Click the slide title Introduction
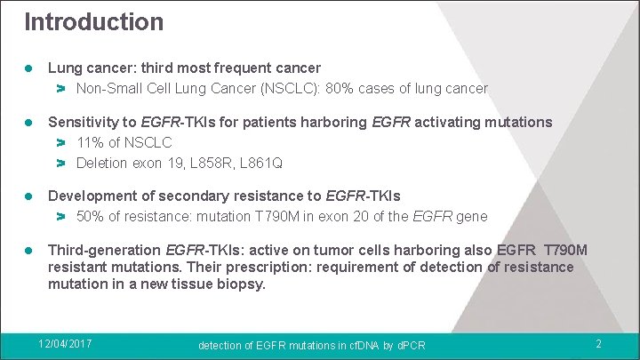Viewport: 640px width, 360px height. click(93, 21)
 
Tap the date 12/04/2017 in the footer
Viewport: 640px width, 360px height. click(67, 343)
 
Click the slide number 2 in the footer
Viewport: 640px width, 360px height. click(598, 344)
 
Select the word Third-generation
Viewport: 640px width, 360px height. click(104, 250)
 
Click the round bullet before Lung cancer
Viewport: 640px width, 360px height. click(28, 68)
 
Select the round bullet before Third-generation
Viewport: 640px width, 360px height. click(28, 250)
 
